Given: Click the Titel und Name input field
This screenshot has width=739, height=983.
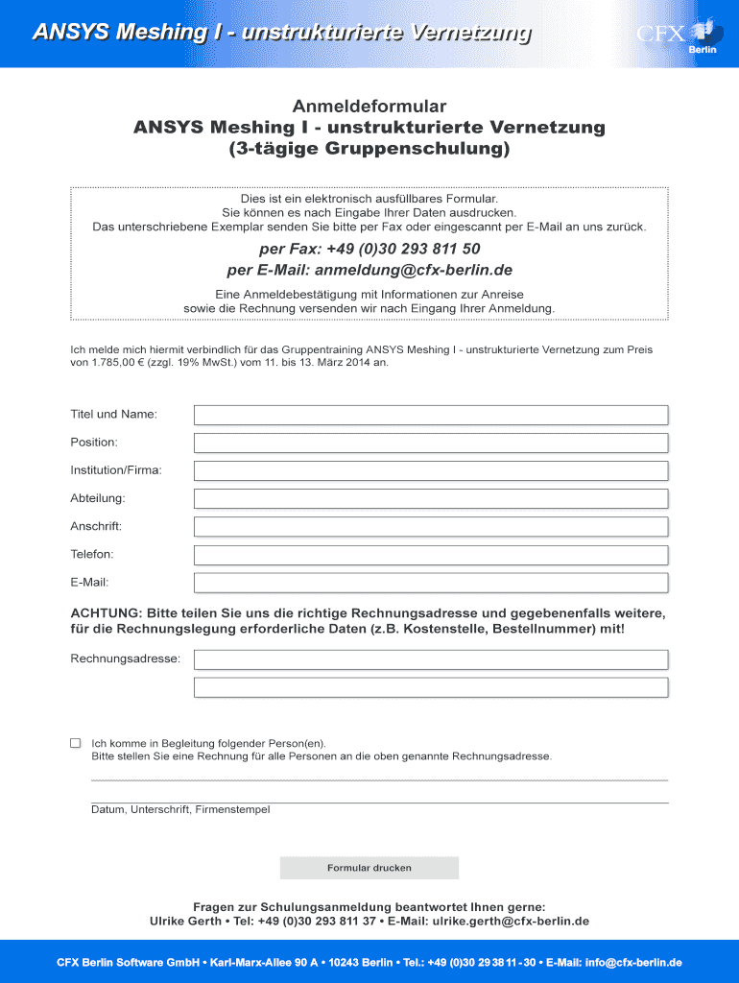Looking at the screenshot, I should click(x=431, y=415).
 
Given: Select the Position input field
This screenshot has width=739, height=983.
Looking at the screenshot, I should click(x=431, y=443).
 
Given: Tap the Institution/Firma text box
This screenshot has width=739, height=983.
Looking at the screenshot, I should click(x=431, y=470).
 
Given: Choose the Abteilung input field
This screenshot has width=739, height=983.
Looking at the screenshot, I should click(x=431, y=499).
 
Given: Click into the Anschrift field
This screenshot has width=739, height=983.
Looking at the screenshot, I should click(x=431, y=527).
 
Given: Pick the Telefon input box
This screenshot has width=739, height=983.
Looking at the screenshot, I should click(x=431, y=555).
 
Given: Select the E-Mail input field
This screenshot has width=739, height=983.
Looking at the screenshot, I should click(x=431, y=583).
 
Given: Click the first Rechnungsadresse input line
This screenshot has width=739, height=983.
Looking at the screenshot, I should click(x=431, y=659).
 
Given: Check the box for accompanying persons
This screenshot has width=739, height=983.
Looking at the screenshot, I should click(x=75, y=743).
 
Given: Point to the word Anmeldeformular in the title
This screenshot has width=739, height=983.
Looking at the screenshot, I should click(x=369, y=106).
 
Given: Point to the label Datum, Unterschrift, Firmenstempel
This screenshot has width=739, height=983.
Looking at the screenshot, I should click(x=180, y=810).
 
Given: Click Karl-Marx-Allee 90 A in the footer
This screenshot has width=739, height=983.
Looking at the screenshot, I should click(x=262, y=963).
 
